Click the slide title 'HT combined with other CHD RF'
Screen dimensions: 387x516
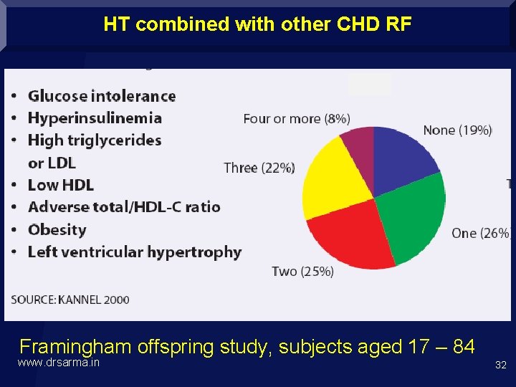(x=257, y=24)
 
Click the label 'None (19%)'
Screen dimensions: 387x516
(x=457, y=130)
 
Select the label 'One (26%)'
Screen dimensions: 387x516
(x=480, y=233)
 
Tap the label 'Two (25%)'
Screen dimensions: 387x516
(x=302, y=271)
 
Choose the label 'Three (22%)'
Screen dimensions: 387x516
(x=259, y=168)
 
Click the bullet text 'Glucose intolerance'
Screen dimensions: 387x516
(x=102, y=96)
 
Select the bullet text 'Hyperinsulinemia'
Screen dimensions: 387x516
(x=95, y=118)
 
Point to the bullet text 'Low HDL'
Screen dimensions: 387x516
(x=61, y=185)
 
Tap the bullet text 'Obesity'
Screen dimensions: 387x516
(x=57, y=230)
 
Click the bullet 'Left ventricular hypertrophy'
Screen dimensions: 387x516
(x=135, y=252)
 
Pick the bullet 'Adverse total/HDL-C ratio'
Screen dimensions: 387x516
(x=124, y=207)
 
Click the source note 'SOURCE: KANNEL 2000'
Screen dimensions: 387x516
(x=70, y=300)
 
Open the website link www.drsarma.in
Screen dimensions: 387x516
(x=59, y=363)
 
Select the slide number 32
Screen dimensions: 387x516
(x=500, y=365)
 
